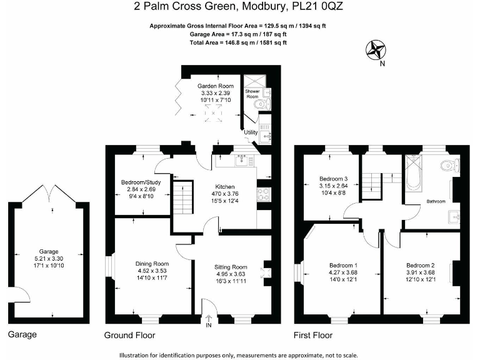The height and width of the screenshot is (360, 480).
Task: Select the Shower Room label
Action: [x=252, y=94]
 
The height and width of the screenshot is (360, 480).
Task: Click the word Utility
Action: [x=251, y=132]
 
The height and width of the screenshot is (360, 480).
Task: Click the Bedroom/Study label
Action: [x=141, y=182]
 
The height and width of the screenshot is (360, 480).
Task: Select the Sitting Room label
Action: [x=231, y=267]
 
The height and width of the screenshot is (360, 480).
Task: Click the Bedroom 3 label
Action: [x=333, y=178]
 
